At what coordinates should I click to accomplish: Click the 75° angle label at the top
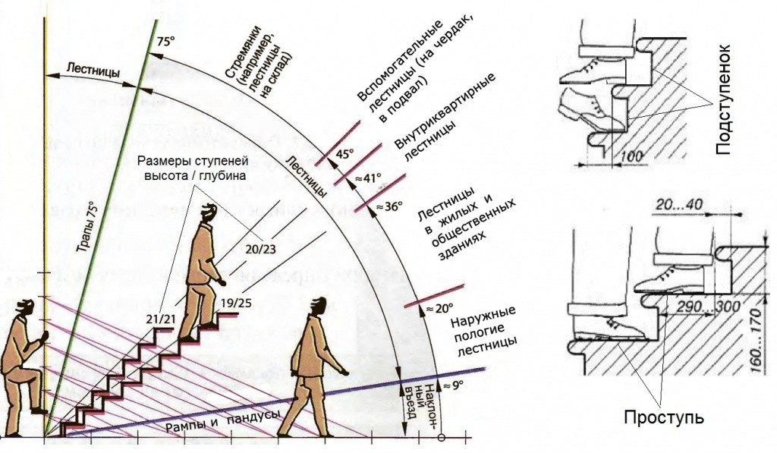click(165, 43)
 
